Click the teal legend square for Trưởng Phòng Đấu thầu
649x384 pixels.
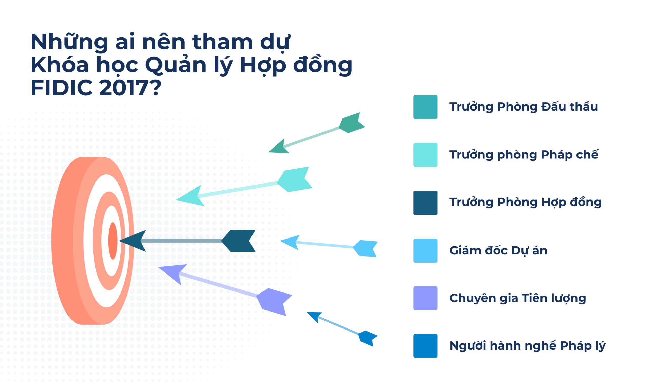tap(425, 107)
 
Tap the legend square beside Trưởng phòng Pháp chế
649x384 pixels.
tap(425, 155)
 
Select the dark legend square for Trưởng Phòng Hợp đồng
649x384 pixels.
tap(425, 203)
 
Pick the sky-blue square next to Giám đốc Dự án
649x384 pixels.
tap(425, 251)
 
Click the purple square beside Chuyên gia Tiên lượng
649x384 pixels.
tap(425, 298)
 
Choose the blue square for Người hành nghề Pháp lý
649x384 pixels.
tap(425, 346)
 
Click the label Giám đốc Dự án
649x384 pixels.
tap(498, 251)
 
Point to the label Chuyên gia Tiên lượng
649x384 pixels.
tap(517, 298)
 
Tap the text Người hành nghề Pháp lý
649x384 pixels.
tap(527, 346)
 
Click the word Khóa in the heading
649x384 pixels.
tap(60, 65)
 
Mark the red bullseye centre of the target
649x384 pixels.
tap(113, 241)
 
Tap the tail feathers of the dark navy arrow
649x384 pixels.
tap(239, 241)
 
